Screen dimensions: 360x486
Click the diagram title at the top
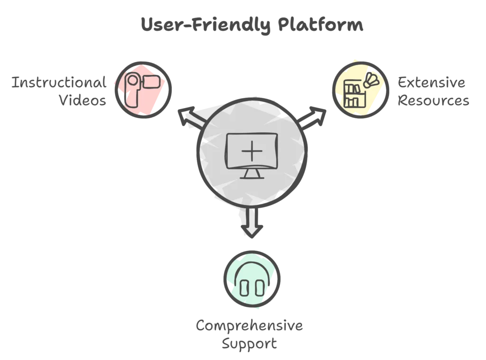(x=252, y=26)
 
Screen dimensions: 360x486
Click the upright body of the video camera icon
(x=132, y=90)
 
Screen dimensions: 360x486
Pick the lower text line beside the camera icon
(x=80, y=101)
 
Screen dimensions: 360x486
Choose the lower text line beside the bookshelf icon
(x=432, y=101)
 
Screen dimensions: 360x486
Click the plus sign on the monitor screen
(x=251, y=151)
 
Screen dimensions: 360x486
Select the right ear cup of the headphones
(x=259, y=287)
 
